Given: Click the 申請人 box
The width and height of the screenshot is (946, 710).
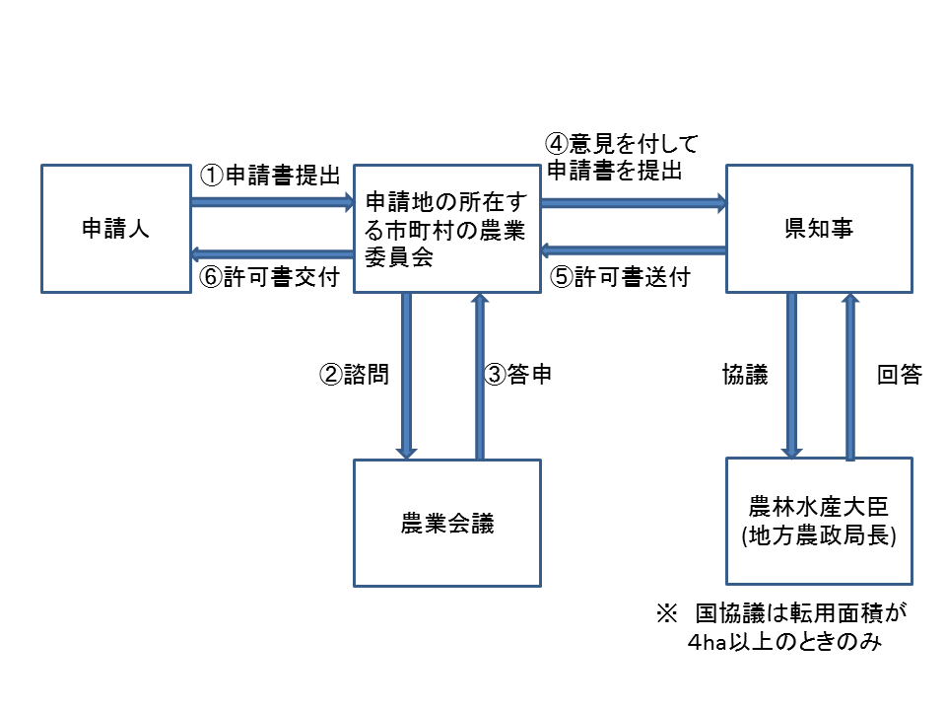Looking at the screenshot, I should pyautogui.click(x=116, y=229).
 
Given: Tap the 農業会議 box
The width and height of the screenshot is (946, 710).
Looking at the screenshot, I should pyautogui.click(x=447, y=523).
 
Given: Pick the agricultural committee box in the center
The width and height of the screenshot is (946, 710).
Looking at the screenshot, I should pyautogui.click(x=447, y=229).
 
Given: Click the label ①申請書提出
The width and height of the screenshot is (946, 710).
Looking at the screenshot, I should pyautogui.click(x=271, y=176).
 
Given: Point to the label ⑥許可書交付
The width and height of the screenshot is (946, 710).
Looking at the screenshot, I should pyautogui.click(x=271, y=278).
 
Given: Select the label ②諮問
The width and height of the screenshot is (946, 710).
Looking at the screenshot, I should pyautogui.click(x=352, y=375).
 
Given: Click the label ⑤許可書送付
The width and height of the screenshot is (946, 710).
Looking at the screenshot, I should pyautogui.click(x=620, y=278).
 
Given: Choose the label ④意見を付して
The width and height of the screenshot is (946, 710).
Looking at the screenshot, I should pyautogui.click(x=620, y=144).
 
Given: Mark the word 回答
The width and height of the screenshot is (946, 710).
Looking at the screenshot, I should pyautogui.click(x=899, y=375).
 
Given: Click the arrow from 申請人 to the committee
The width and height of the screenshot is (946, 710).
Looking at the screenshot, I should pyautogui.click(x=272, y=202).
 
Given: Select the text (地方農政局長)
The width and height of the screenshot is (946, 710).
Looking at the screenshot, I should pyautogui.click(x=818, y=538).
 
